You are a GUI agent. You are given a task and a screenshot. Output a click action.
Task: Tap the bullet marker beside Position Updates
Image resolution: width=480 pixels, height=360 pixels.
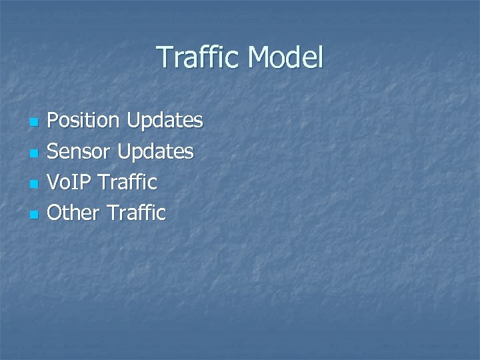click(35, 123)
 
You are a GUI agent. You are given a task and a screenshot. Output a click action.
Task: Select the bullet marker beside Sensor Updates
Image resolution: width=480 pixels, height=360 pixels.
click(35, 153)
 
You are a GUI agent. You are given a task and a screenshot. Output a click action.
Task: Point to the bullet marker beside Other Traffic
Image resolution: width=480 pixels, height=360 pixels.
click(35, 215)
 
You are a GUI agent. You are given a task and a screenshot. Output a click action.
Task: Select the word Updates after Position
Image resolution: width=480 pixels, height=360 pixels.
click(164, 121)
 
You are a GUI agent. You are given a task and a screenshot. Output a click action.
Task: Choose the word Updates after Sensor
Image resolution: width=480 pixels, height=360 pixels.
click(155, 151)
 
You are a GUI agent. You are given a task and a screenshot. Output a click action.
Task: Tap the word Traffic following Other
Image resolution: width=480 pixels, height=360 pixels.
click(136, 213)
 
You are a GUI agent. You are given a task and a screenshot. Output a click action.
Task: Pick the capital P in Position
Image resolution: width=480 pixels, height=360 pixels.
click(53, 121)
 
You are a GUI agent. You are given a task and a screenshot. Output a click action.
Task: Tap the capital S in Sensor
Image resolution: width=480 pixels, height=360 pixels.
click(53, 151)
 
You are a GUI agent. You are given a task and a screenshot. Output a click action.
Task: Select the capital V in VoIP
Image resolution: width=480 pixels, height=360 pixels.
click(54, 182)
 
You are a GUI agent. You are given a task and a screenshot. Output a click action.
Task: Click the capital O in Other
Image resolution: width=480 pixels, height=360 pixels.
click(55, 213)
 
